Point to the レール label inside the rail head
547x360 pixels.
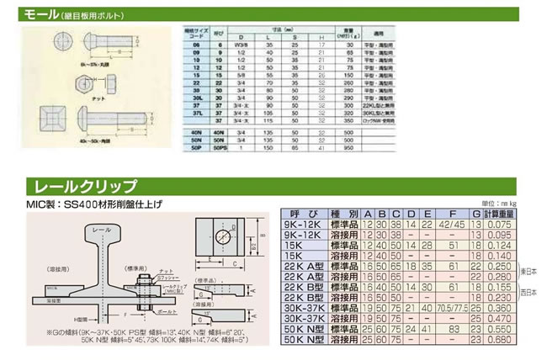point(99,230)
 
